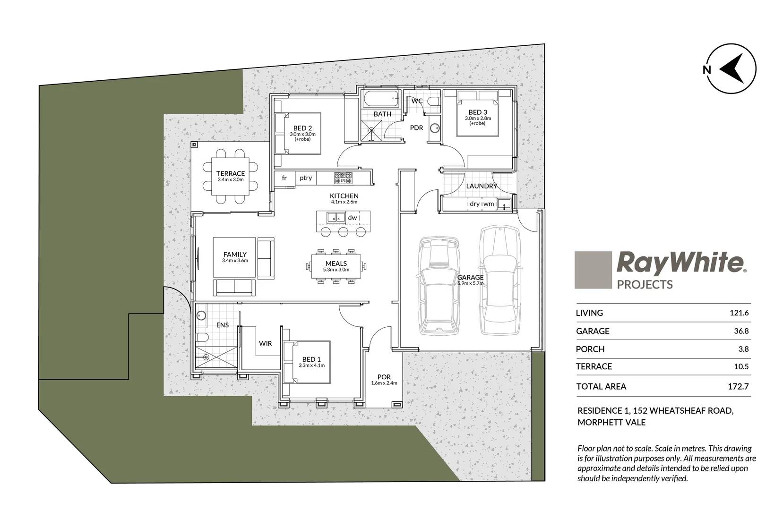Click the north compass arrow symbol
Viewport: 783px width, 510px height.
click(732, 69)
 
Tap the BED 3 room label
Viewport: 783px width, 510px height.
click(477, 112)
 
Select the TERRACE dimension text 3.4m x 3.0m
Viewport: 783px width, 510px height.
click(231, 180)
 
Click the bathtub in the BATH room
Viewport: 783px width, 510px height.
click(381, 100)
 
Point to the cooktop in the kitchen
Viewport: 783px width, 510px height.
click(344, 178)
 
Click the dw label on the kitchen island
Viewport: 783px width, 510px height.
click(353, 218)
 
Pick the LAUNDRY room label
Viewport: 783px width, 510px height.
click(482, 186)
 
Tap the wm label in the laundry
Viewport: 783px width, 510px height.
click(489, 204)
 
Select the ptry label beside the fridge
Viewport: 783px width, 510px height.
click(306, 178)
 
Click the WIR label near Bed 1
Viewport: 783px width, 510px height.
click(265, 343)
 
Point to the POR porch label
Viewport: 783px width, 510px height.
click(384, 377)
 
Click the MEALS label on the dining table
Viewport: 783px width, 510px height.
click(336, 263)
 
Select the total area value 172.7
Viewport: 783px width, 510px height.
click(738, 386)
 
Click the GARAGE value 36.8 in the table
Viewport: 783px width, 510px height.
click(741, 331)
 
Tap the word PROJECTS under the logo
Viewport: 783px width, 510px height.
click(645, 284)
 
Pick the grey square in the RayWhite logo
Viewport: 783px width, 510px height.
click(593, 270)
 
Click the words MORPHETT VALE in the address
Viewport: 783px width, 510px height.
click(611, 422)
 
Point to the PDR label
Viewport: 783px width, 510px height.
click(416, 127)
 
